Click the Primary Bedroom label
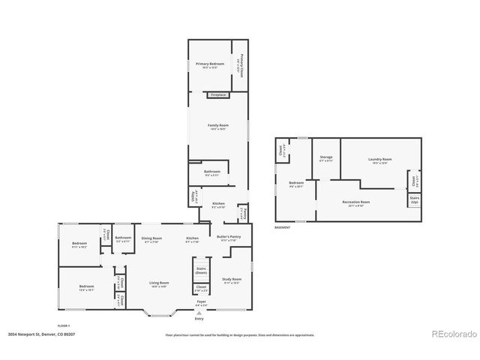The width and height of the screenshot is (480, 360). coord(211,65)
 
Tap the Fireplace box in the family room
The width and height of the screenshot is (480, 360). coord(217,95)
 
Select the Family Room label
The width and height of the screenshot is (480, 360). coord(217,126)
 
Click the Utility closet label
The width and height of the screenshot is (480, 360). coord(193,197)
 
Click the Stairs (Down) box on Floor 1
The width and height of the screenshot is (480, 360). coord(201,270)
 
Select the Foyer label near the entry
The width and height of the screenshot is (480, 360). coord(201,303)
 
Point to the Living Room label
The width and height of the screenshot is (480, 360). coord(160,283)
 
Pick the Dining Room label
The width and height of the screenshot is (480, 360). coord(151,238)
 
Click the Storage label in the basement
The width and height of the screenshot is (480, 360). coord(325,158)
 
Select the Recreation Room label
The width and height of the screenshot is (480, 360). coord(355,202)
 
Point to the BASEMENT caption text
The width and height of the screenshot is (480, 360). coord(282,227)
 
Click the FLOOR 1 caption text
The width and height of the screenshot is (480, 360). coord(64,325)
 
